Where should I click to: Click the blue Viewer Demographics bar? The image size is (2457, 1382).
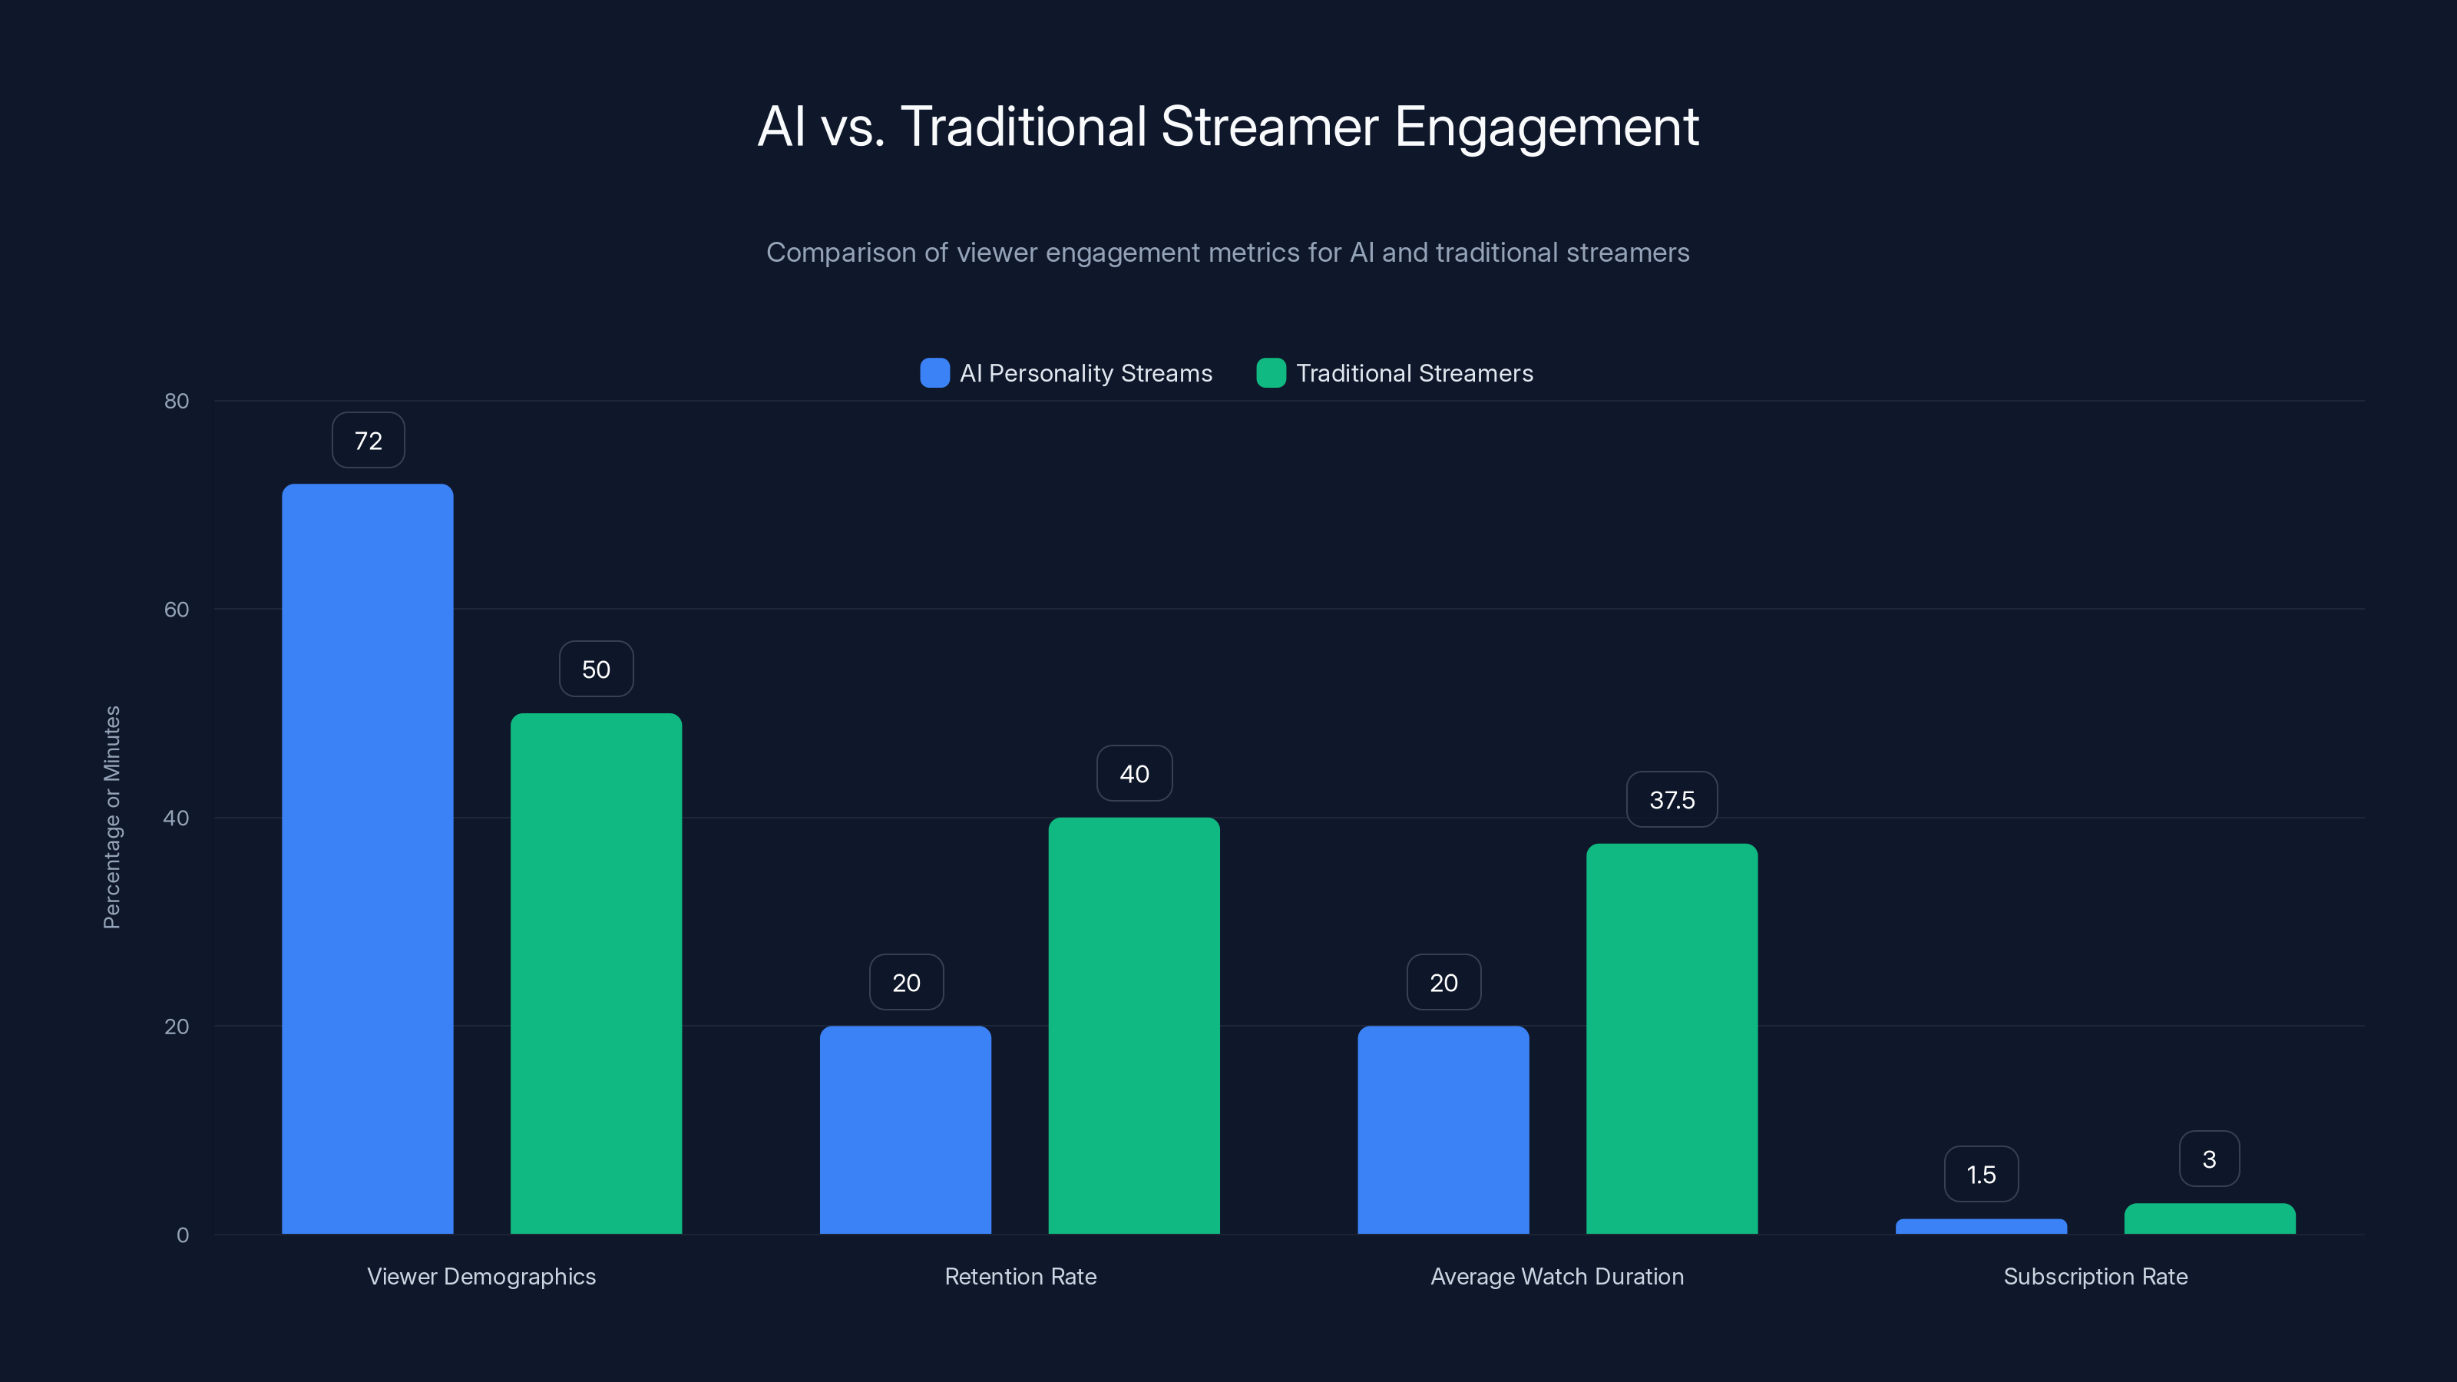(x=367, y=858)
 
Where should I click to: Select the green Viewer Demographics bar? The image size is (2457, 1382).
(x=596, y=973)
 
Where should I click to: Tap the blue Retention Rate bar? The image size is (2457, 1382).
(x=905, y=1130)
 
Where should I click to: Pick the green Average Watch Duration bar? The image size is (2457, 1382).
(x=1671, y=1040)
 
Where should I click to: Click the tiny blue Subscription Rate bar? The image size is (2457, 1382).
(x=1981, y=1227)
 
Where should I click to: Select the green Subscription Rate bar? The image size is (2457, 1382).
(x=2209, y=1219)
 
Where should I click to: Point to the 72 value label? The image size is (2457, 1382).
(x=369, y=441)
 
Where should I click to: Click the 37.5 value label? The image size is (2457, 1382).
(x=1671, y=800)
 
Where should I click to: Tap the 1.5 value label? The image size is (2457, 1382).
(x=1981, y=1174)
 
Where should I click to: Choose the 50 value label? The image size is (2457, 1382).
(x=596, y=670)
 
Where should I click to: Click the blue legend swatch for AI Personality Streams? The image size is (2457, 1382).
(x=934, y=373)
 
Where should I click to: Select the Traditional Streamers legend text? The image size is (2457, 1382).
(x=1414, y=373)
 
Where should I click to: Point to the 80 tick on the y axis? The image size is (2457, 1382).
(x=177, y=401)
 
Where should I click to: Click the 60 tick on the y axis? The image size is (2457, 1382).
(x=177, y=610)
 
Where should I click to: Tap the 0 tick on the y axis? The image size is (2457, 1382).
(x=182, y=1235)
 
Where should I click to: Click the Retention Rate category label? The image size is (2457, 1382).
(x=1020, y=1276)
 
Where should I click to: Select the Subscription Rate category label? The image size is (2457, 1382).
(x=2095, y=1276)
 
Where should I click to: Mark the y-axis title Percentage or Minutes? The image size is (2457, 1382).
(x=111, y=818)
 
